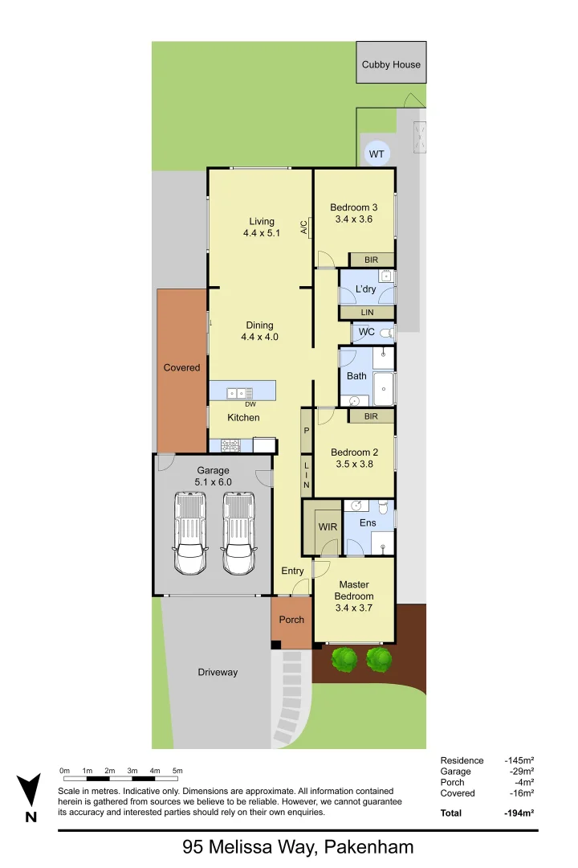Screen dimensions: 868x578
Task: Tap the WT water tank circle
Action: coord(376,154)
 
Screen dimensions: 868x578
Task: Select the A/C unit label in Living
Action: coord(304,227)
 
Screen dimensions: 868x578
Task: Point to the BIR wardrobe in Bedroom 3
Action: coord(371,260)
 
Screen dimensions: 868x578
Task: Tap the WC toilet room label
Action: coord(367,332)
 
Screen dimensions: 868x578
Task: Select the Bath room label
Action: coord(356,375)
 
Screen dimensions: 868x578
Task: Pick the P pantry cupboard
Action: coord(306,431)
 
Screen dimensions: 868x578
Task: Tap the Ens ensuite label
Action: coord(368,523)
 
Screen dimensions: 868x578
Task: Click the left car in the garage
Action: coord(190,533)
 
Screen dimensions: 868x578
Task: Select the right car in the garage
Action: coord(238,533)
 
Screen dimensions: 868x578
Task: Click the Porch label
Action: coord(291,620)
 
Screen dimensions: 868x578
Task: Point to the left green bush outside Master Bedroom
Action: coord(345,660)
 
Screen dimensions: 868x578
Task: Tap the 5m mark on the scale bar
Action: coord(177,777)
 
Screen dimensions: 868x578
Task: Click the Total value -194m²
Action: coord(519,813)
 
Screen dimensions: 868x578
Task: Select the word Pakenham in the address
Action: coord(369,846)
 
